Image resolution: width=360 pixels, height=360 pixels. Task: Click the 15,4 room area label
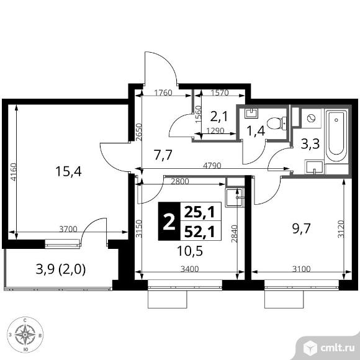[x=68, y=171]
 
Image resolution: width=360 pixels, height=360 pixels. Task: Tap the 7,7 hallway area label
[x=163, y=155]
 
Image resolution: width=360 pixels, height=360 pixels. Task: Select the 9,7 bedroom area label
[x=302, y=228]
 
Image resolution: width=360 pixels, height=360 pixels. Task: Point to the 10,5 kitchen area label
[x=190, y=251]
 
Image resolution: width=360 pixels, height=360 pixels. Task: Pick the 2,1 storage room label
[x=219, y=116]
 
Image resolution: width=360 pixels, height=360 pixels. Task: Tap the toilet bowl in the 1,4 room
[x=277, y=124]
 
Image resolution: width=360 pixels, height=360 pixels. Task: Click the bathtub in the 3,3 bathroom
[x=336, y=137]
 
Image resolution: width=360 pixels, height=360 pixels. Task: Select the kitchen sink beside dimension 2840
[x=234, y=197]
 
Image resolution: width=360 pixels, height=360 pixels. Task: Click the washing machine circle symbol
[x=311, y=118]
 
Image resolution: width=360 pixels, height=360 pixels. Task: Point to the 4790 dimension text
[x=212, y=166]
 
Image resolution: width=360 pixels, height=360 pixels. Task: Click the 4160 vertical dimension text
[x=14, y=172]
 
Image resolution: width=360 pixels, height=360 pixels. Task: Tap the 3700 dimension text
[x=68, y=229]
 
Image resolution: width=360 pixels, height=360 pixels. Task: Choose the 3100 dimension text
[x=301, y=269]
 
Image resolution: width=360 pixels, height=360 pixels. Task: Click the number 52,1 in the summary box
[x=200, y=232]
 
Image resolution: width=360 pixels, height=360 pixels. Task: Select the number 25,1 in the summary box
[x=200, y=212]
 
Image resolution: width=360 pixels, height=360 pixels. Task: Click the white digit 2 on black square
[x=169, y=222]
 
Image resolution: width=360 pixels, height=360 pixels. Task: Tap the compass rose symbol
[x=25, y=335]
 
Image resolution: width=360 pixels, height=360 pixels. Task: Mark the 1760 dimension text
[x=163, y=93]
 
